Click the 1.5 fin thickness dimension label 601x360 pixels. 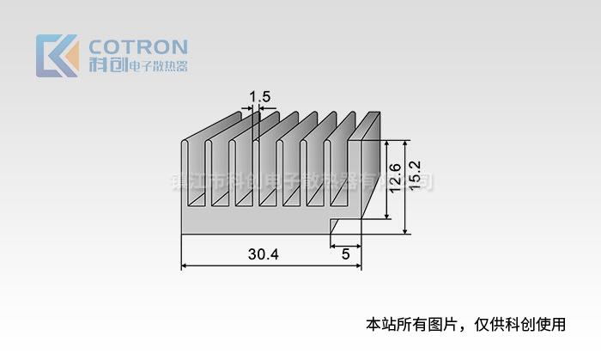coord(259,97)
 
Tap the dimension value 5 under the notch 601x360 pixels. coord(345,254)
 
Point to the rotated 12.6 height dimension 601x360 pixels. coord(394,179)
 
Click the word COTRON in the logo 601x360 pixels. coord(138,46)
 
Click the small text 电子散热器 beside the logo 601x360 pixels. coord(157,66)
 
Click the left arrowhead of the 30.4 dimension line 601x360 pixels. coord(184,266)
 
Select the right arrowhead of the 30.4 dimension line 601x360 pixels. coord(359,266)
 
